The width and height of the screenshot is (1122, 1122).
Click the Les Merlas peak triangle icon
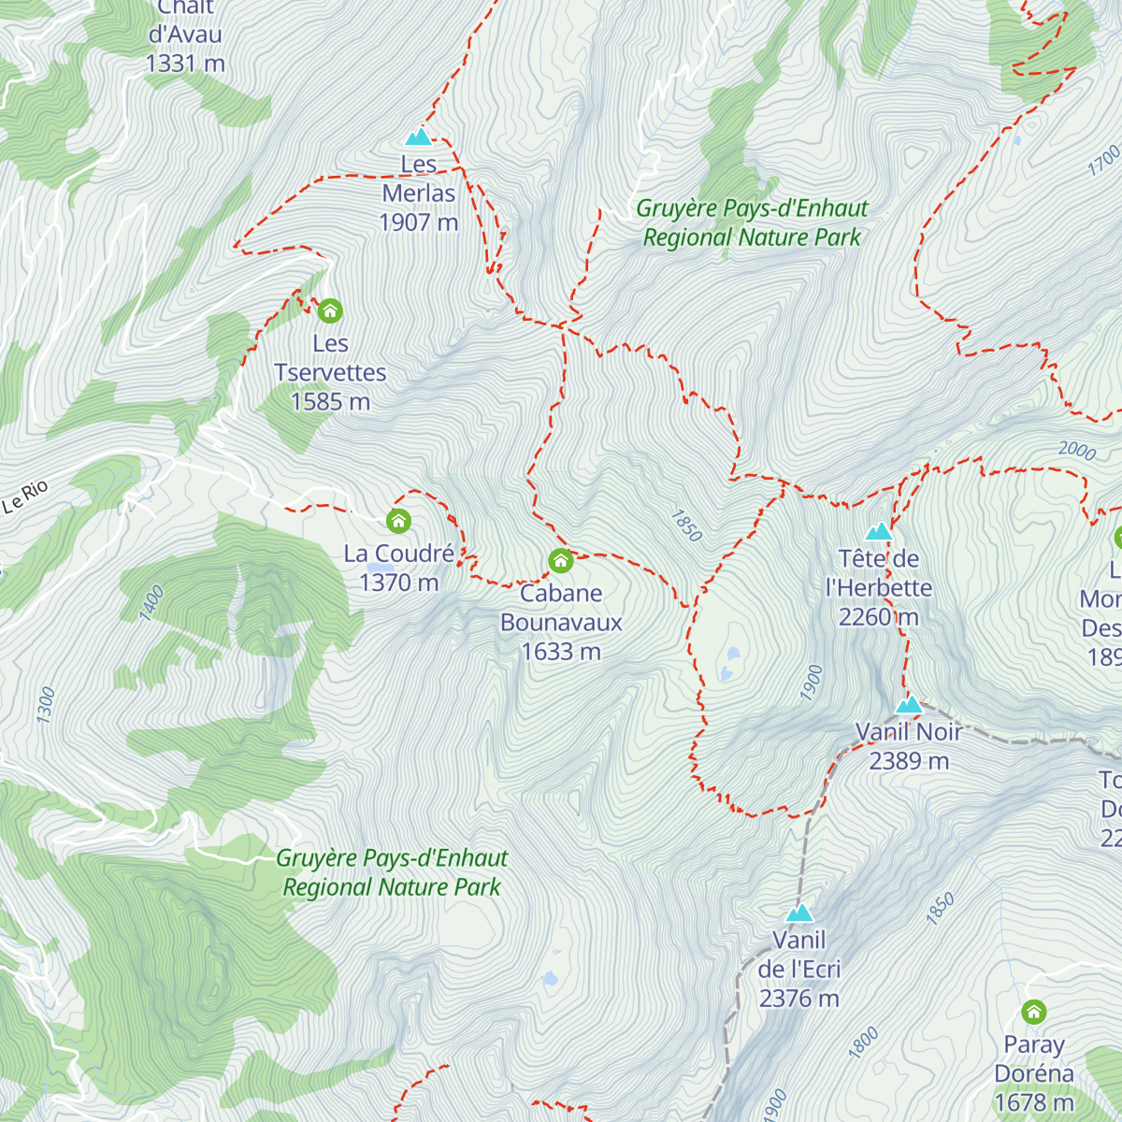(418, 137)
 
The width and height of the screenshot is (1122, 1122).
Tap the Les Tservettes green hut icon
(329, 310)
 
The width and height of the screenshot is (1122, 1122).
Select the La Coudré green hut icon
(398, 521)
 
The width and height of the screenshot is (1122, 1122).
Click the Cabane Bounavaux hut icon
(560, 561)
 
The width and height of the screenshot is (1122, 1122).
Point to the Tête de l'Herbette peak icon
(878, 532)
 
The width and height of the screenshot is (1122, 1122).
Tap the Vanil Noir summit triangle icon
(909, 705)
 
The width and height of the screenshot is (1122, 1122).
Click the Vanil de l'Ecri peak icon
(798, 913)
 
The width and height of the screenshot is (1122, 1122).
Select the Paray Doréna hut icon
(1033, 1012)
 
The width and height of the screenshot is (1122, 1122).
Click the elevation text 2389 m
(909, 761)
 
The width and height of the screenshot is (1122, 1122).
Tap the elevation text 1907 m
(418, 223)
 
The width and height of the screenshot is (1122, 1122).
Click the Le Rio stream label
(25, 497)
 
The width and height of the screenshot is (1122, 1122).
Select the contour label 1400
(151, 602)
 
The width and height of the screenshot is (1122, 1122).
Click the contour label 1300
(46, 704)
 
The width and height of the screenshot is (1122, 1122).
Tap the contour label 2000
(1076, 451)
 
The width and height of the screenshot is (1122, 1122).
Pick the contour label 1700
(1103, 160)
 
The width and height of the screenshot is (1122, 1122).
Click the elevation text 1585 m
(330, 402)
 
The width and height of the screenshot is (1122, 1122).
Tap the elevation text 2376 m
(798, 999)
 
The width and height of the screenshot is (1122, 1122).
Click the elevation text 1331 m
(185, 64)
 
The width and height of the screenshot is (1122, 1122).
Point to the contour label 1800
(863, 1042)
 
